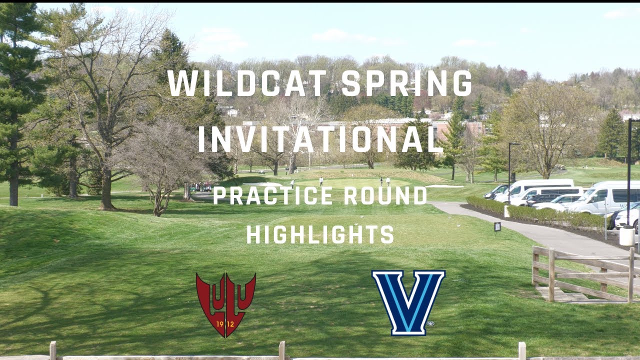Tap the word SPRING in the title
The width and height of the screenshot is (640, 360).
pyautogui.click(x=407, y=83)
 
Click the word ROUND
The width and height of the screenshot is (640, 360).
pyautogui.click(x=385, y=195)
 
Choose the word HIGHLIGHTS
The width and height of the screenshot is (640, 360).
pyautogui.click(x=320, y=234)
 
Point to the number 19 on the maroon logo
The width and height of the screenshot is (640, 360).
pyautogui.click(x=219, y=323)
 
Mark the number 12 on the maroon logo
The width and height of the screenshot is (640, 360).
pyautogui.click(x=232, y=323)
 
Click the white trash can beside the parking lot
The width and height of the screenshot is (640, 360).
pyautogui.click(x=626, y=235)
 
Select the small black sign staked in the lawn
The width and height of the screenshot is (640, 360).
pyautogui.click(x=497, y=226)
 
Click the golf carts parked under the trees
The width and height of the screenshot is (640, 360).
pyautogui.click(x=202, y=186)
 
